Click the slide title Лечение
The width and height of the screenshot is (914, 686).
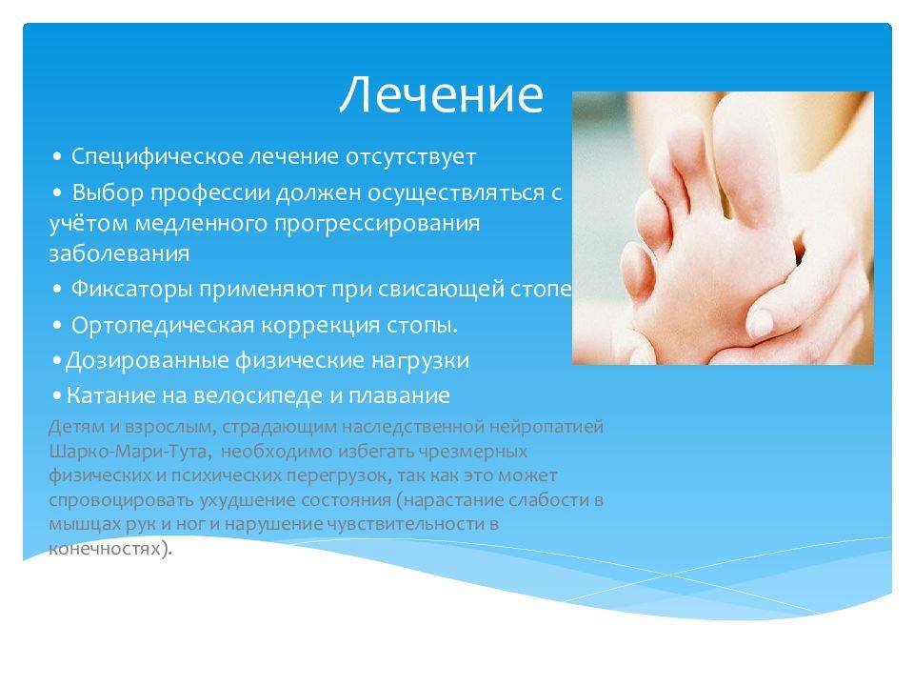[441, 94]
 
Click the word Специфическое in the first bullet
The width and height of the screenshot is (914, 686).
[157, 157]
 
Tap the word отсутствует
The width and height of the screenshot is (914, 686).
[410, 157]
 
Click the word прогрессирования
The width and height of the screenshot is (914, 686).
[377, 224]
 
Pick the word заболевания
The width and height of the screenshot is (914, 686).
[119, 253]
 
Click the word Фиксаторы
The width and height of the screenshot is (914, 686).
[131, 290]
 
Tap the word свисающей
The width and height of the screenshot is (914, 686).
[440, 290]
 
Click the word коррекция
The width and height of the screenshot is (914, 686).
[321, 326]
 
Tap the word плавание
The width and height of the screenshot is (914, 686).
[399, 396]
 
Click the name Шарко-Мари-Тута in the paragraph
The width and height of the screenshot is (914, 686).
[128, 452]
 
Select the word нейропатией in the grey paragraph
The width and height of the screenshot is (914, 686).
[546, 427]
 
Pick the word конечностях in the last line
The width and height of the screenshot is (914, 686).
[105, 549]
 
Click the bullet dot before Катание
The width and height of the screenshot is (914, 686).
[56, 396]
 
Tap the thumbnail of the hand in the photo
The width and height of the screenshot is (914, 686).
[760, 322]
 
